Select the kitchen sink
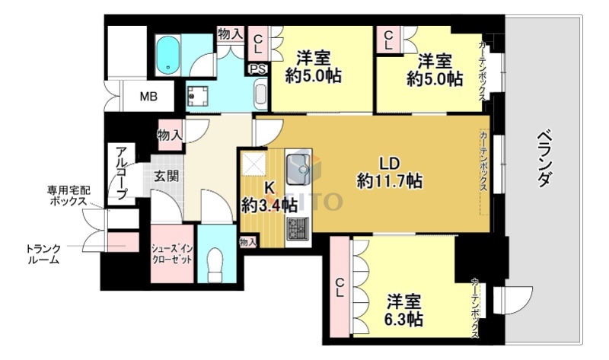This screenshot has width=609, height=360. [x=298, y=165]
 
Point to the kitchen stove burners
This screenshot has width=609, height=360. [x=296, y=227]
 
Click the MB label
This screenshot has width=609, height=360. [x=149, y=97]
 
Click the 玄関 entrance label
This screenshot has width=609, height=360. [x=167, y=177]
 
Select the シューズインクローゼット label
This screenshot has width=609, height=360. [x=172, y=253]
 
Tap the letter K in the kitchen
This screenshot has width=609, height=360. [x=269, y=187]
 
